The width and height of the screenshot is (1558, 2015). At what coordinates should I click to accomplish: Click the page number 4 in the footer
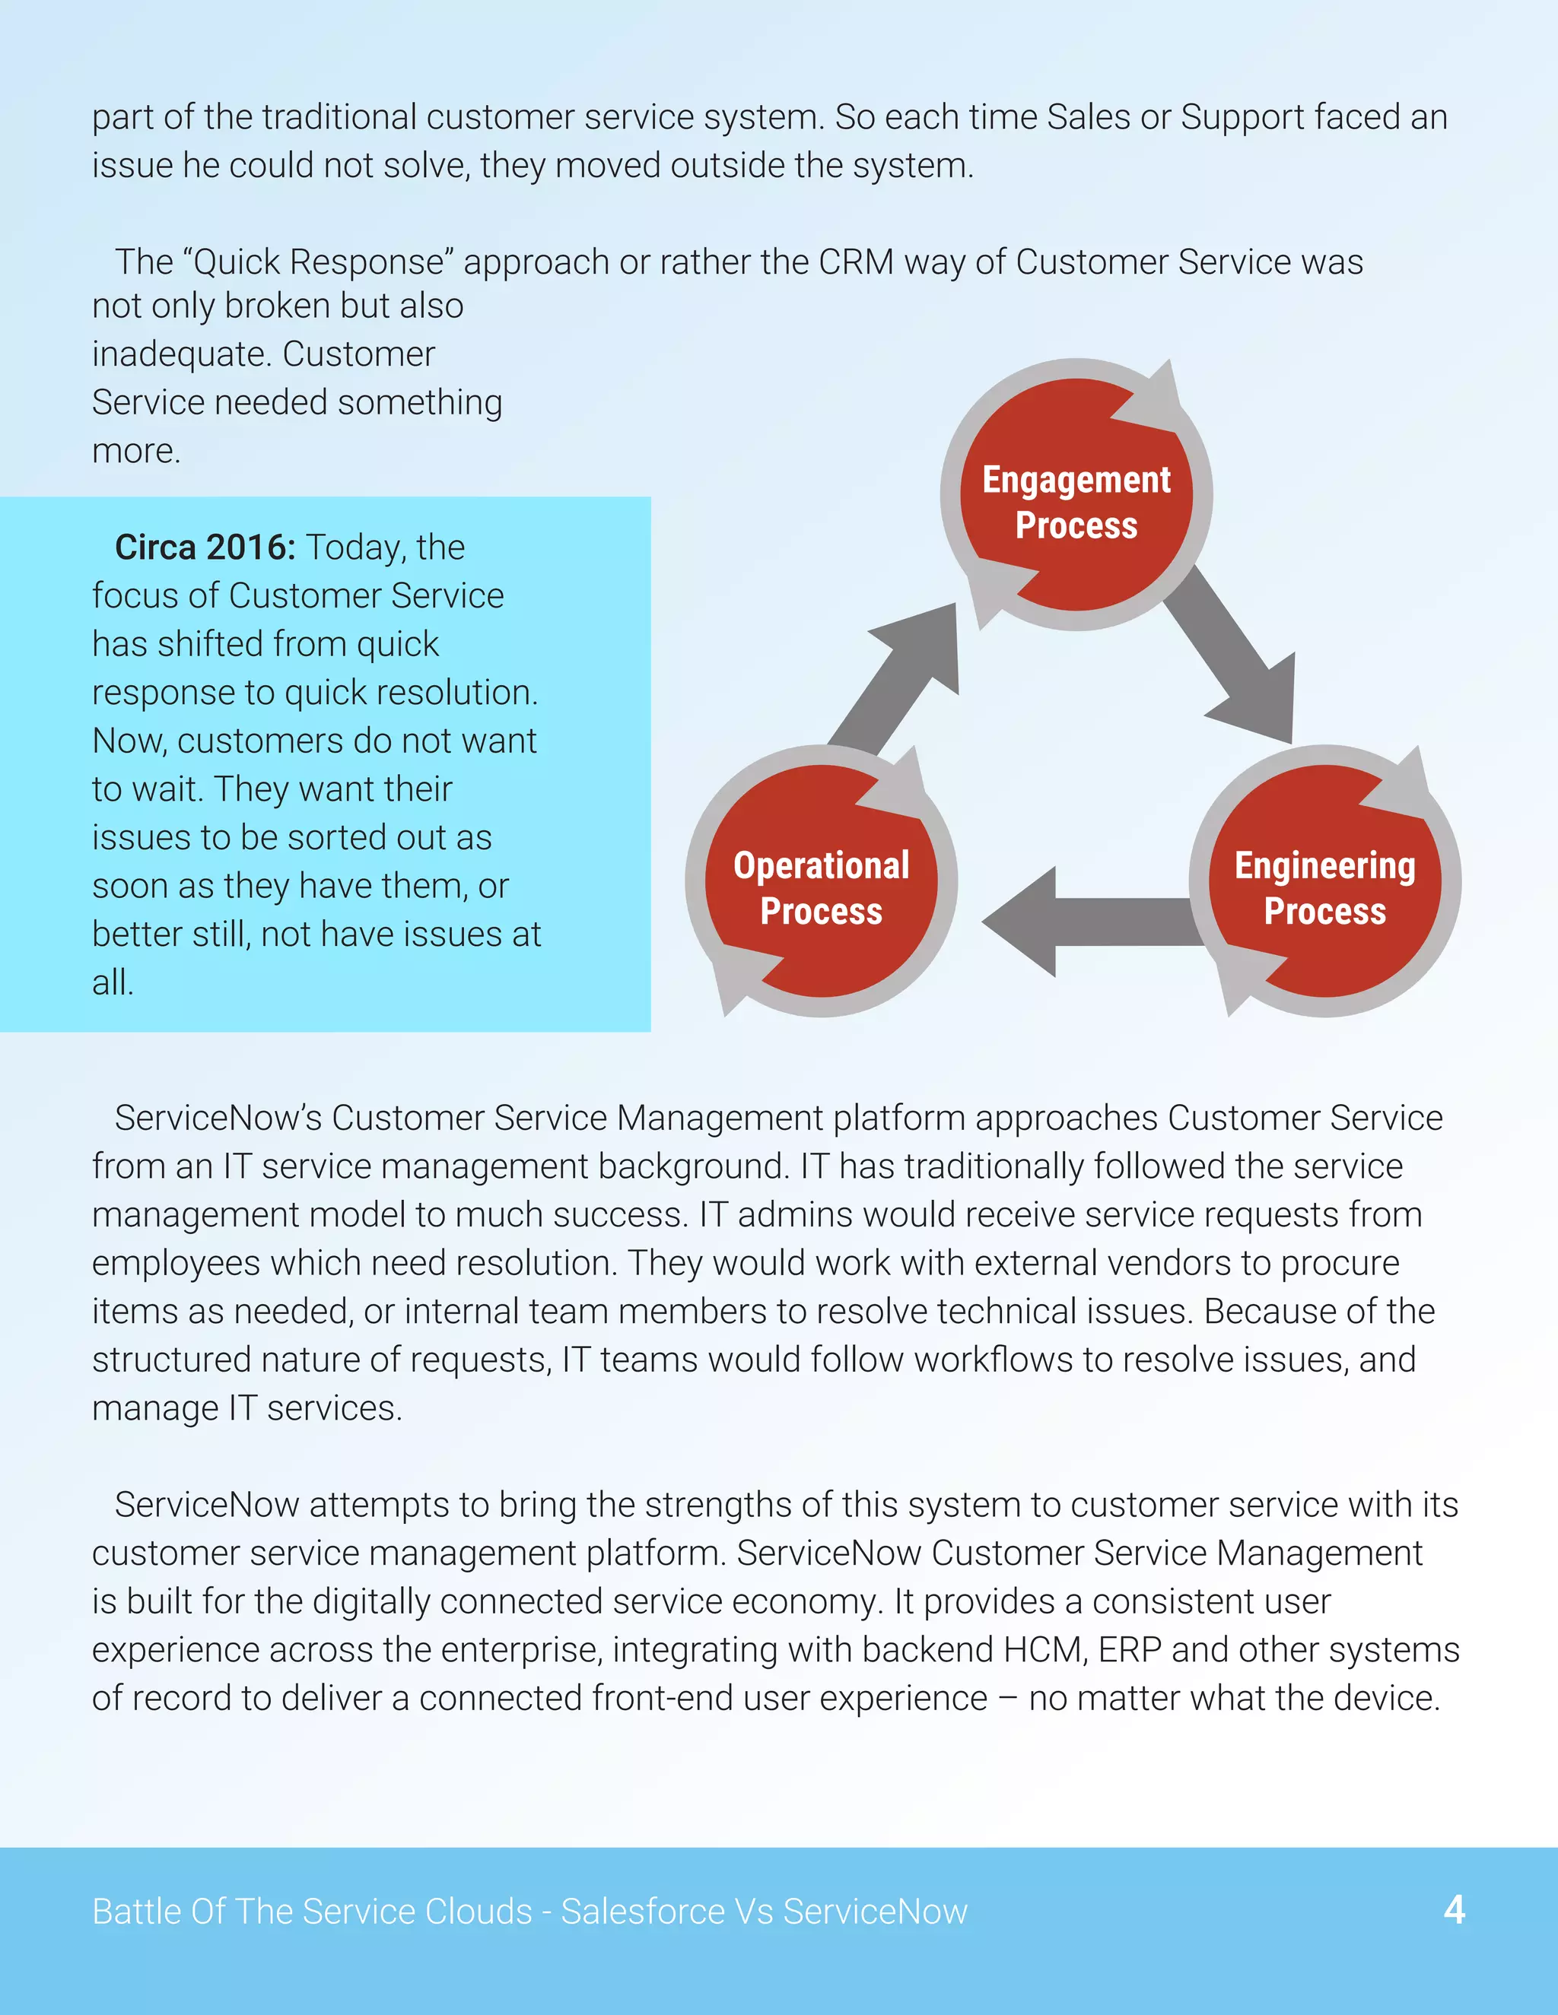click(1454, 1910)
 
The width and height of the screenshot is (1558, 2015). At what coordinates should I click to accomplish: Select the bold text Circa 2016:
click(205, 547)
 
